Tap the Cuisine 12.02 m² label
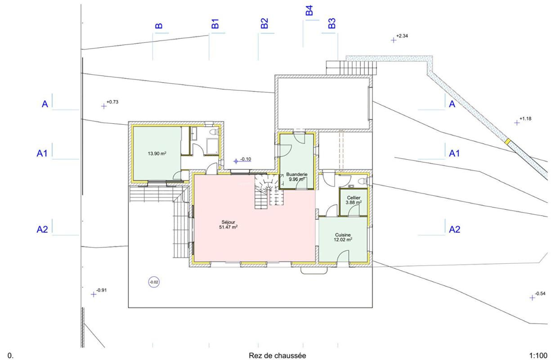[343, 237]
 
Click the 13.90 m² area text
[157, 153]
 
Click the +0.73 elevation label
[112, 102]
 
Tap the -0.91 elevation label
[101, 290]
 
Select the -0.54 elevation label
[540, 293]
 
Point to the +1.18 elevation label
[525, 118]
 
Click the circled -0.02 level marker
[154, 282]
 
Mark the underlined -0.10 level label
[245, 159]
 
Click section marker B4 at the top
[309, 10]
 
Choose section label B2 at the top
[264, 23]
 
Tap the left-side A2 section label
[42, 229]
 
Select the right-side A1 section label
[454, 153]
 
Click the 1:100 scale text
[538, 355]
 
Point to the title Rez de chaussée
[277, 355]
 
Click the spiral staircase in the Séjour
[269, 191]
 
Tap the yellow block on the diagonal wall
[508, 142]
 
